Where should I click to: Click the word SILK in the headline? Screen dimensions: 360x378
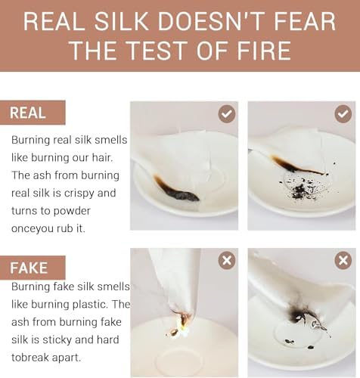[x=121, y=21]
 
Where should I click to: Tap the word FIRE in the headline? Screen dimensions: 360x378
[x=264, y=50]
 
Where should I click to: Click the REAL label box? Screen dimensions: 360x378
[x=33, y=113]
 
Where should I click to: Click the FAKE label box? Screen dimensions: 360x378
[x=33, y=268]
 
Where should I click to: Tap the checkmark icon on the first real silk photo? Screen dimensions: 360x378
[x=227, y=114]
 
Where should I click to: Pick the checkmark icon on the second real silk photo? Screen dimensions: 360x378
[x=343, y=114]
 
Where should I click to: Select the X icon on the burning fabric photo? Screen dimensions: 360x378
[x=227, y=260]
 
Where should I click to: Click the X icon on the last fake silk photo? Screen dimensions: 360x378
[x=343, y=260]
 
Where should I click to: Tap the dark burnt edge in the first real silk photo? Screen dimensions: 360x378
[x=175, y=190]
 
